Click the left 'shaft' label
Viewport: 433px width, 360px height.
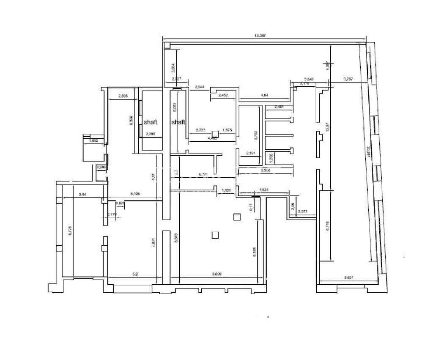pos(151,122)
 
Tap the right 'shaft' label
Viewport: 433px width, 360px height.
pos(178,122)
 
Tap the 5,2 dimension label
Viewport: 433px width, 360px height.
pos(135,274)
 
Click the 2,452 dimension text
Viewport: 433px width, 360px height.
pos(223,95)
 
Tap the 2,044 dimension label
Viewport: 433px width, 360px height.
pos(199,87)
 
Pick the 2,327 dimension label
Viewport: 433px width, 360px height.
pos(176,79)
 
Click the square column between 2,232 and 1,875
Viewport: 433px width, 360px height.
pos(215,133)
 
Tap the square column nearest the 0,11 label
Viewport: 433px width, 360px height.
pos(236,217)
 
